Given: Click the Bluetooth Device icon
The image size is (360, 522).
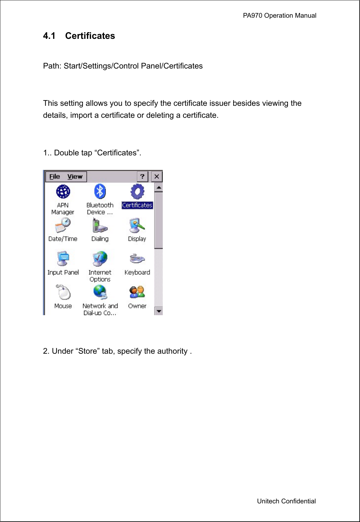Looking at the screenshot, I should [100, 191].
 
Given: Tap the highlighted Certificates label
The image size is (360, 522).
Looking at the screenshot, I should [137, 205].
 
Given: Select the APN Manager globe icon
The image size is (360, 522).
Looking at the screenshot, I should [63, 191].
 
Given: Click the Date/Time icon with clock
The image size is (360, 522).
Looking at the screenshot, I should [63, 225].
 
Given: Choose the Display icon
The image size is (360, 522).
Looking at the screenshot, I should [137, 225].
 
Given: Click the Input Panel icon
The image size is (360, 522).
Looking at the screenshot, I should [63, 259].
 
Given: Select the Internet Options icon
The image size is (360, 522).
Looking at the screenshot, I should [100, 259].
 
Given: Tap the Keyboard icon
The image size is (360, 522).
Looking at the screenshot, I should [137, 259].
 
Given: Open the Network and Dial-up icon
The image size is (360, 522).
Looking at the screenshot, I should [100, 292].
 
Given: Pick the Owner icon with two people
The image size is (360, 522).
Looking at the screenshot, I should [137, 292].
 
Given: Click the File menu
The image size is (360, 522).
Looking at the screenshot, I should [55, 177].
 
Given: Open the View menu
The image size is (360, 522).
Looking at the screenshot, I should [75, 177].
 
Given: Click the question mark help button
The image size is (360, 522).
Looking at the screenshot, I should [143, 177].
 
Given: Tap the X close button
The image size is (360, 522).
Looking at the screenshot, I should [157, 177].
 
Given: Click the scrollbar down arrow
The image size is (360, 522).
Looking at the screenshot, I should [159, 311].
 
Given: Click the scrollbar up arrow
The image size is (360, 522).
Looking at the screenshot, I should [159, 188].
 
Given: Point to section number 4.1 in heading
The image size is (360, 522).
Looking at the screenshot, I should [49, 36].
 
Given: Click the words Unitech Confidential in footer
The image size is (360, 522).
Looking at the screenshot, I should [286, 501].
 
